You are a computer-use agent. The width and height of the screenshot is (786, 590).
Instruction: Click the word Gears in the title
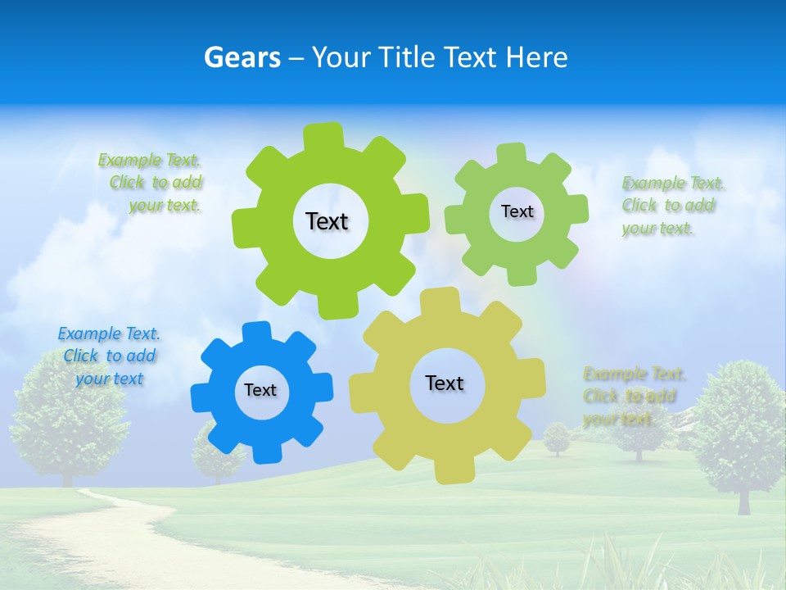coord(242,57)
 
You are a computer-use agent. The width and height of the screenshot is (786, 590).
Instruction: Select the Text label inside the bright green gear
coord(327,221)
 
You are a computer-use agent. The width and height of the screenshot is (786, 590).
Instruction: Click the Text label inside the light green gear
coord(517,211)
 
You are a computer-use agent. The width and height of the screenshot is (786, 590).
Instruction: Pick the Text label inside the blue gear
coord(260,390)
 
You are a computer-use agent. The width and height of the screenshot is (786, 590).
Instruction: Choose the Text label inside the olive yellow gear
coord(445,383)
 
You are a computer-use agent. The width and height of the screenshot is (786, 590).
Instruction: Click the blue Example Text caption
coord(109,356)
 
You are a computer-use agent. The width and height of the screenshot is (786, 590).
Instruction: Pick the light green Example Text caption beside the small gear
coord(671,206)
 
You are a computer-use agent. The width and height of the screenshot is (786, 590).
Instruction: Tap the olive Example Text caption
coord(632,397)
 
